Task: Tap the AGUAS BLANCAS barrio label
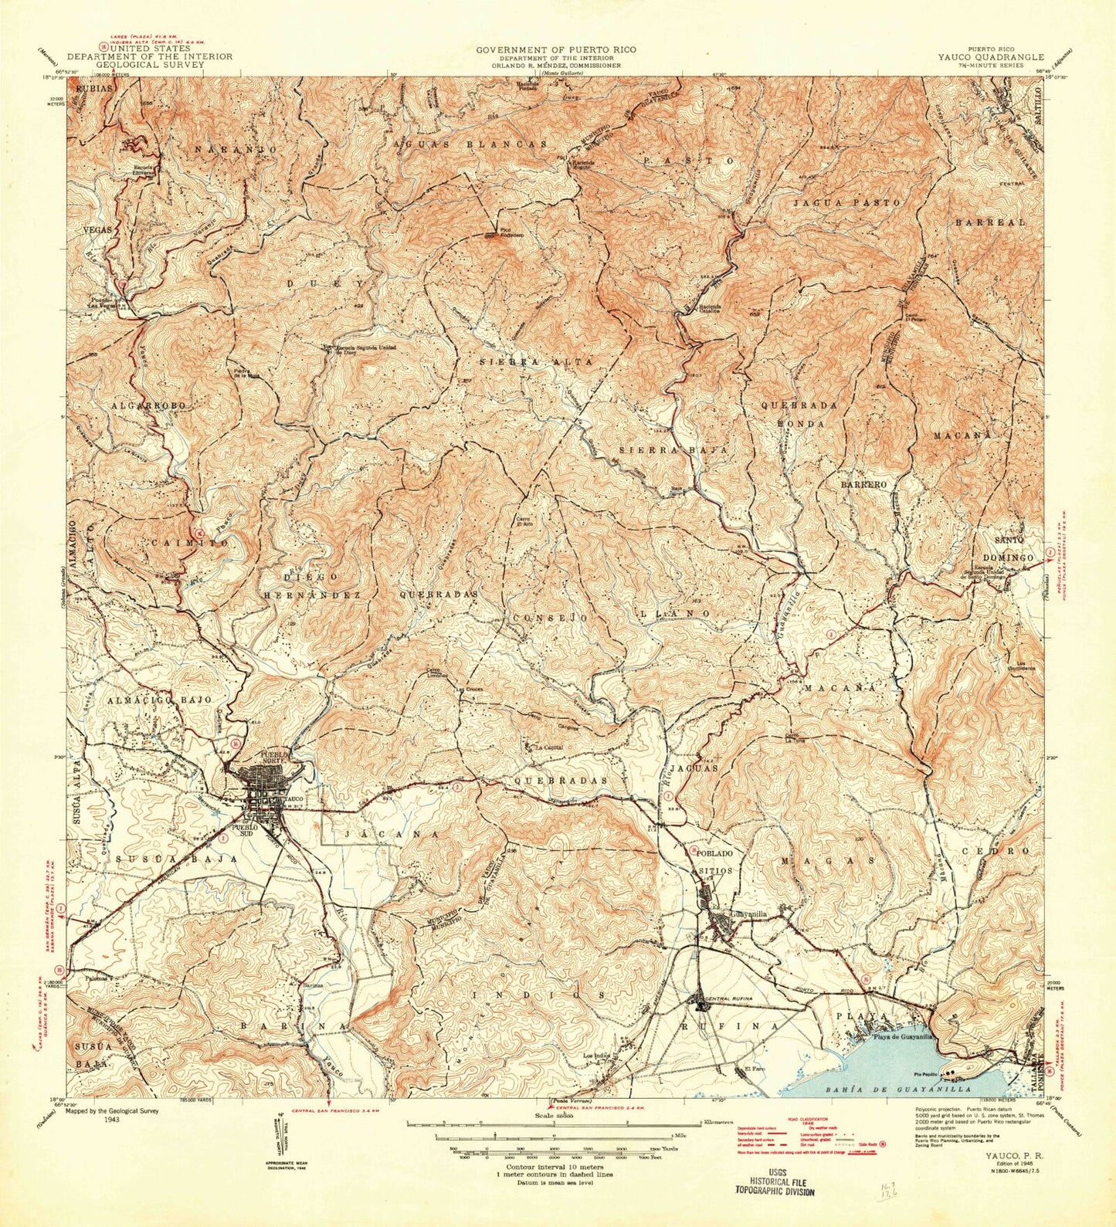tap(470, 144)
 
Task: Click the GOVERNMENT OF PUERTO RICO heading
tap(556, 49)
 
